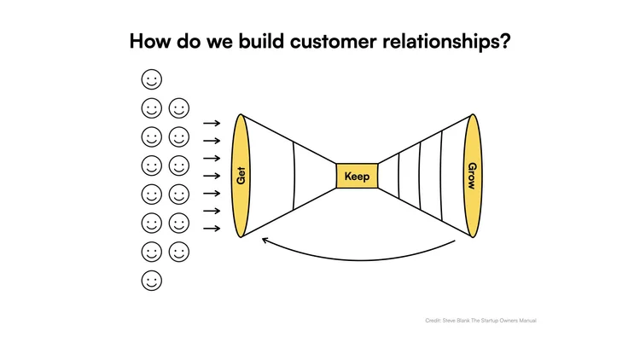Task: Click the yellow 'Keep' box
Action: click(357, 177)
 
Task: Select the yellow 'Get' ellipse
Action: click(241, 176)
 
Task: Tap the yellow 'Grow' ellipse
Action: click(471, 176)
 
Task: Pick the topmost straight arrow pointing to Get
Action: click(212, 124)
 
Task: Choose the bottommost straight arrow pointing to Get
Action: click(212, 228)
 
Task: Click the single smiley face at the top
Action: click(152, 80)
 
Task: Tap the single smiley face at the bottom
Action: click(152, 280)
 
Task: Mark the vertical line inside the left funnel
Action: click(294, 176)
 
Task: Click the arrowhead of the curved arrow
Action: click(265, 241)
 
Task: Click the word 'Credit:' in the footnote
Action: click(432, 321)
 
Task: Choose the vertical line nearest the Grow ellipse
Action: click(442, 176)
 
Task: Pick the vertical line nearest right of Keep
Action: click(399, 176)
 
